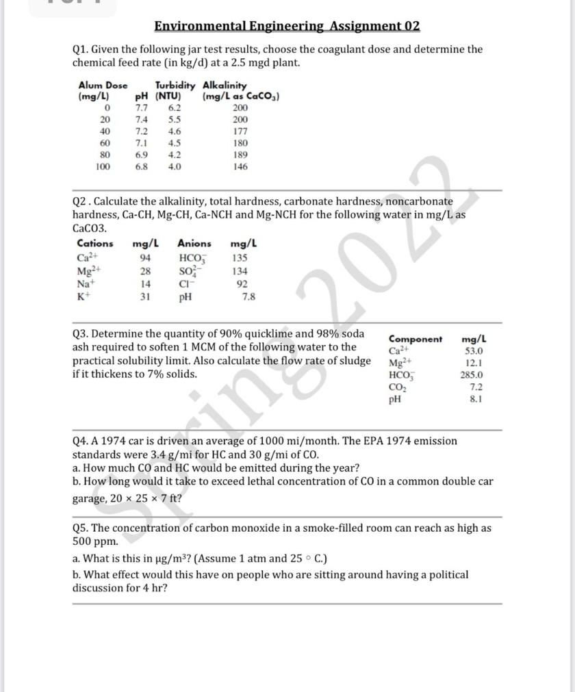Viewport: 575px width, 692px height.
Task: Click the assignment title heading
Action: pos(287,27)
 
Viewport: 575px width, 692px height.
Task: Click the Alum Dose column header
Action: pos(103,86)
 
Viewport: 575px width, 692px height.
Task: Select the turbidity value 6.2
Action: pos(175,108)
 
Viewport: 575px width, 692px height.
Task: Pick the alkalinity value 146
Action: pos(240,166)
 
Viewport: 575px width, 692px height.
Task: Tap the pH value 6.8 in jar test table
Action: pos(142,166)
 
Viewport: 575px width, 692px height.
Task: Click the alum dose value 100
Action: pos(103,166)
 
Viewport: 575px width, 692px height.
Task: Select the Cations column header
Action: pos(95,243)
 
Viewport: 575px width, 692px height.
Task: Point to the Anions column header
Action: pos(194,243)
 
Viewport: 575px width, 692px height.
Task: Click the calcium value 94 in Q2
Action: pos(145,258)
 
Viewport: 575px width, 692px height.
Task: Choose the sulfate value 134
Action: pos(240,271)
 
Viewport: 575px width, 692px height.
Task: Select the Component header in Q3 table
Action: pos(416,339)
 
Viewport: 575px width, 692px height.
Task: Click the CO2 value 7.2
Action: pos(476,387)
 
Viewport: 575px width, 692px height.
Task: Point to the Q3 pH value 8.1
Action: pos(476,399)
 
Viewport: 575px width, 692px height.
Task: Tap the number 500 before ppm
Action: pos(83,541)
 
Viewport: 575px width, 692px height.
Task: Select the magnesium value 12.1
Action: pos(474,363)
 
